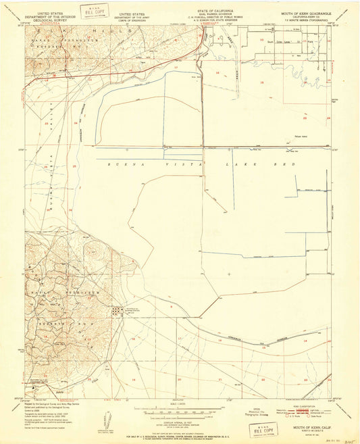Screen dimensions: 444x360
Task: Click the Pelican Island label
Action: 293,143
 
